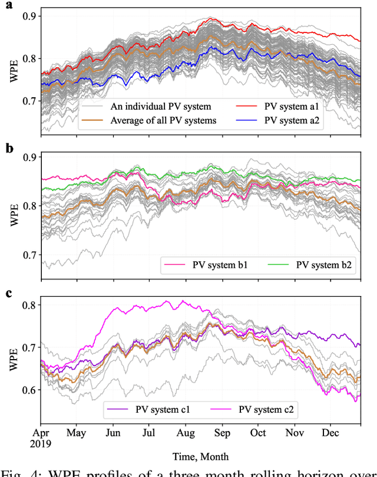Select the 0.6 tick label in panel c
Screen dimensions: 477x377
click(29, 390)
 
